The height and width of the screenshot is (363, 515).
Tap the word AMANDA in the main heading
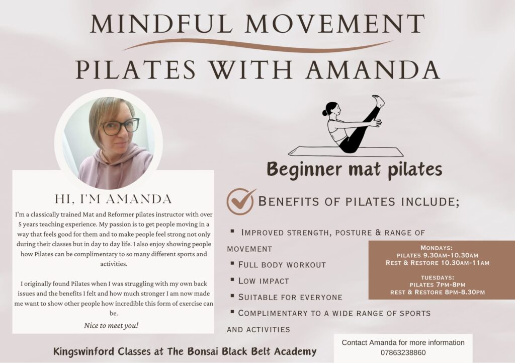pyautogui.click(x=373, y=69)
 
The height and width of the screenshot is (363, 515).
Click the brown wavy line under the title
pyautogui.click(x=258, y=45)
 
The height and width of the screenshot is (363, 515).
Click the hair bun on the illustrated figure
pyautogui.click(x=324, y=112)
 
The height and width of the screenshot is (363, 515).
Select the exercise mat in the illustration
pyautogui.click(x=346, y=152)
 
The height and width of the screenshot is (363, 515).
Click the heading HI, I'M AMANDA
pyautogui.click(x=113, y=199)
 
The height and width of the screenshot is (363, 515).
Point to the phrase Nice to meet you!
pyautogui.click(x=111, y=326)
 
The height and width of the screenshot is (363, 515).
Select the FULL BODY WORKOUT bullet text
pyautogui.click(x=282, y=265)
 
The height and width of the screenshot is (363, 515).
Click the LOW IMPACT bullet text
pyautogui.click(x=264, y=281)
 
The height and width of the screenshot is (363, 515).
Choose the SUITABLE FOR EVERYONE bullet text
pyautogui.click(x=290, y=297)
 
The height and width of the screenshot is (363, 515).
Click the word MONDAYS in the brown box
pyautogui.click(x=436, y=248)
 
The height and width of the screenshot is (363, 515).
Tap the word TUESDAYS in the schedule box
pyautogui.click(x=438, y=277)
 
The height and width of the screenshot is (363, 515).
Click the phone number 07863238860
pyautogui.click(x=403, y=353)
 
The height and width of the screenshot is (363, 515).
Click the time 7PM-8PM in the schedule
pyautogui.click(x=450, y=285)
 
